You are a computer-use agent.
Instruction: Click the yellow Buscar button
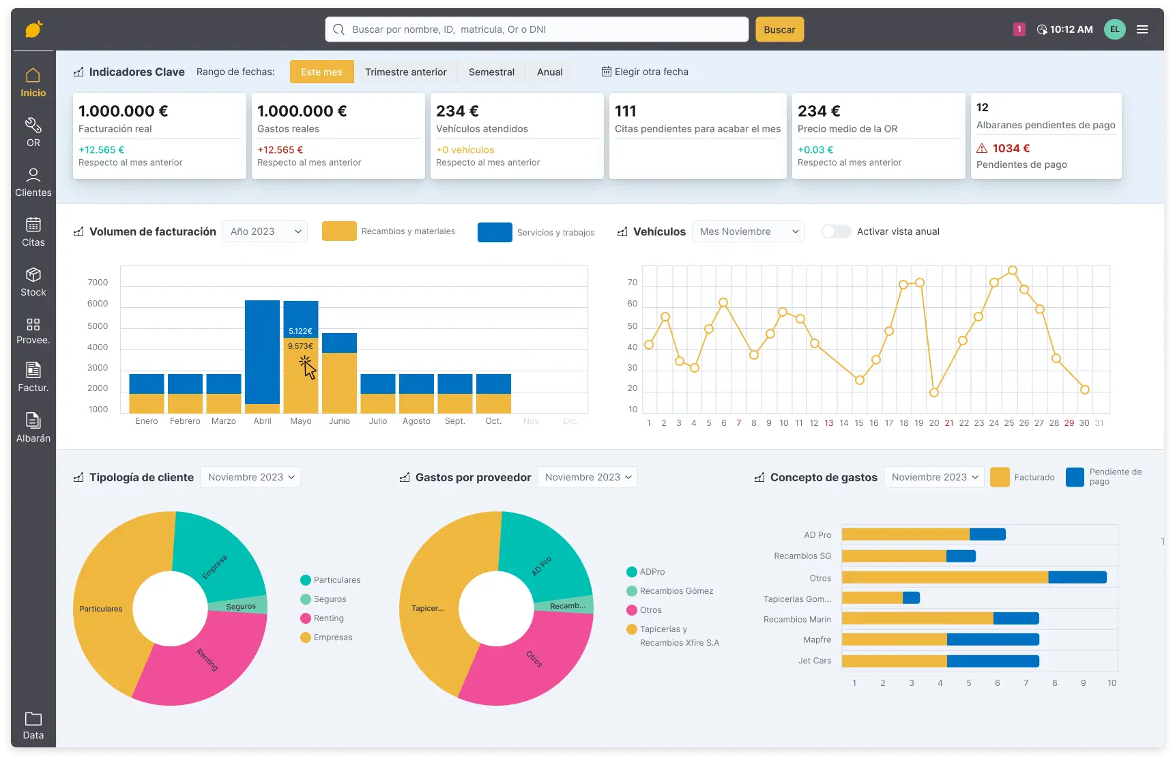pyautogui.click(x=779, y=29)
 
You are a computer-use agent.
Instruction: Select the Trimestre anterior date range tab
pyautogui.click(x=405, y=72)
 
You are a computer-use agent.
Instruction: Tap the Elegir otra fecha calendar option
pyautogui.click(x=645, y=72)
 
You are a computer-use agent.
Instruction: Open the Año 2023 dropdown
pyautogui.click(x=265, y=231)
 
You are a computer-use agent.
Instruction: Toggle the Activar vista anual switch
pyautogui.click(x=836, y=231)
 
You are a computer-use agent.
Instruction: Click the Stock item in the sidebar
pyautogui.click(x=33, y=282)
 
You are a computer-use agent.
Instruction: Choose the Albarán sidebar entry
pyautogui.click(x=33, y=427)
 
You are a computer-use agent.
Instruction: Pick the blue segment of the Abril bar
pyautogui.click(x=262, y=351)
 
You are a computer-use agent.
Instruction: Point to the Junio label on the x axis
pyautogui.click(x=339, y=421)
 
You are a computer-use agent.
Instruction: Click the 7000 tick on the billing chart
pyautogui.click(x=98, y=283)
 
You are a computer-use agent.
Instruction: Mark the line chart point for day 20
pyautogui.click(x=934, y=392)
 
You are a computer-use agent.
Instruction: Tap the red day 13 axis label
pyautogui.click(x=828, y=423)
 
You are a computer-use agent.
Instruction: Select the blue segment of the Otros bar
pyautogui.click(x=1077, y=577)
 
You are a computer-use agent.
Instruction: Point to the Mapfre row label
pyautogui.click(x=817, y=640)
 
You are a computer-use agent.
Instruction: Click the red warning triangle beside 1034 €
pyautogui.click(x=982, y=148)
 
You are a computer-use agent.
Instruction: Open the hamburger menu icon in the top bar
pyautogui.click(x=1142, y=29)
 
